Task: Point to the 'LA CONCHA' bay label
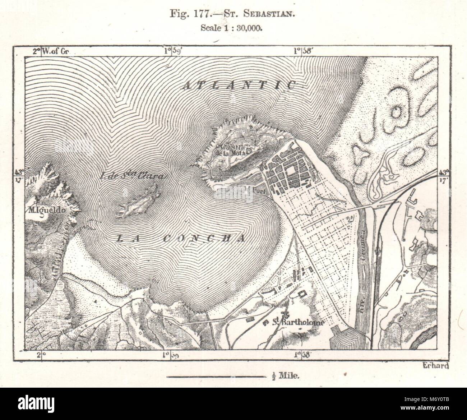pyautogui.click(x=181, y=238)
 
